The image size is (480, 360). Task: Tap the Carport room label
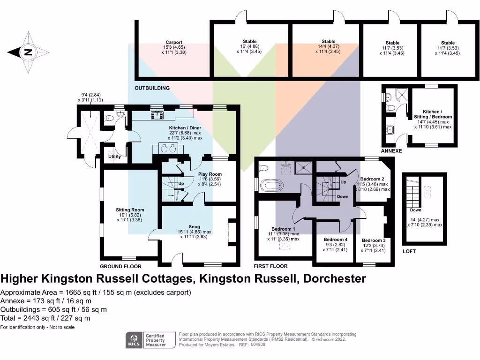coord(173,42)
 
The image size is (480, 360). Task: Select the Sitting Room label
coord(130,210)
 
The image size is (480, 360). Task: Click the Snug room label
coord(194,227)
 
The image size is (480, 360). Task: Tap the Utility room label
coord(115,157)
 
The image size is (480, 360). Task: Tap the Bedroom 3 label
coord(374,240)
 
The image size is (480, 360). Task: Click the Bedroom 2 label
coord(372,179)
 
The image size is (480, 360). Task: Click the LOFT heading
coord(409,251)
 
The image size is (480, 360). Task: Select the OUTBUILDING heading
coord(152,88)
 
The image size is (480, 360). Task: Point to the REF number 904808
coord(257,344)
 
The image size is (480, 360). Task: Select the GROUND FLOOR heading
coord(121,266)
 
